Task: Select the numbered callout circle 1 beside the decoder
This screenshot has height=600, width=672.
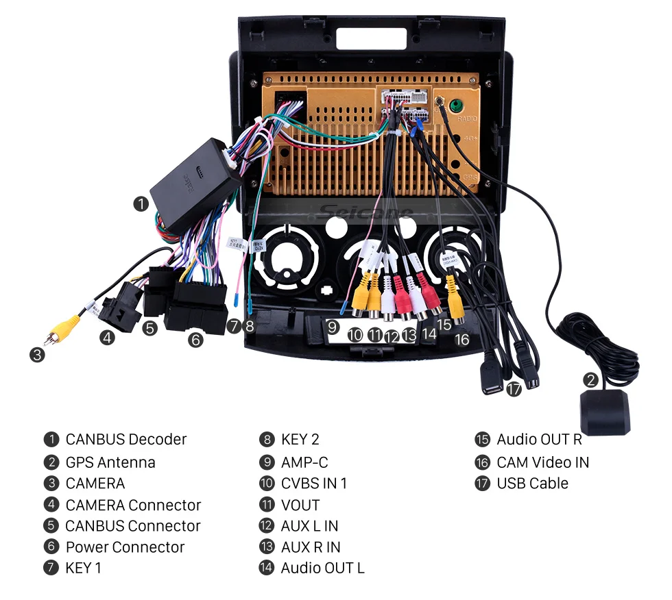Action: [141, 203]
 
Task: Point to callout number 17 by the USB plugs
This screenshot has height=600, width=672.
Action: [514, 389]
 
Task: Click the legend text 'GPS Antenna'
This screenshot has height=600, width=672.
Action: [110, 462]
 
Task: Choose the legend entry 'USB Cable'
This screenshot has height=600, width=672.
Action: [532, 484]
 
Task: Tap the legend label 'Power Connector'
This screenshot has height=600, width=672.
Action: [125, 547]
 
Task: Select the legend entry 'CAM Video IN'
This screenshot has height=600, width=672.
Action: [542, 462]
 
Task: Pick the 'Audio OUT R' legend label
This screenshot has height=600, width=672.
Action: [539, 440]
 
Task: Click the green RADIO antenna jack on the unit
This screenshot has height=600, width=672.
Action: [454, 106]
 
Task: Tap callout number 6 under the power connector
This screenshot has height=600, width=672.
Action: [196, 339]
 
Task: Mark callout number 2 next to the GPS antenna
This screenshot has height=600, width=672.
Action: [590, 379]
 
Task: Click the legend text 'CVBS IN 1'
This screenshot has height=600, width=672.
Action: [314, 484]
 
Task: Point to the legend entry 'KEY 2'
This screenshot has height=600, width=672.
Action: [300, 440]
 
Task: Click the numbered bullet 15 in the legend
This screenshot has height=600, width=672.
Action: [483, 440]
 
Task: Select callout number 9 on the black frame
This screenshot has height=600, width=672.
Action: [333, 327]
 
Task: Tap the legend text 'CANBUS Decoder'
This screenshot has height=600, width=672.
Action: [126, 440]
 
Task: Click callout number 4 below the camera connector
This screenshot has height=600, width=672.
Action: [106, 337]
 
